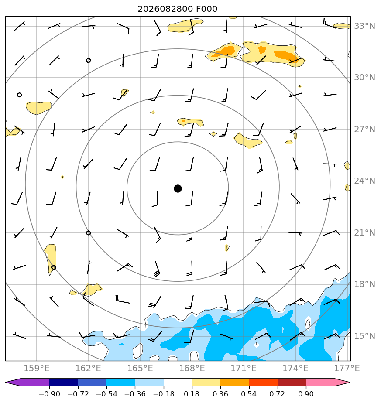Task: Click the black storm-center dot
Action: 178,189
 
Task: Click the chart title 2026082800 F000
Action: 178,9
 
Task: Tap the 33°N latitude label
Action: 364,26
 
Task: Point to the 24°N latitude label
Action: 364,181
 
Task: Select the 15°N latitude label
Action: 364,336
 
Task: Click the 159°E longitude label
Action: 37,368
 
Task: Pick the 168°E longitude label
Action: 192,368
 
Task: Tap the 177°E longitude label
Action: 347,368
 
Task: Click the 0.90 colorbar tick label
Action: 306,394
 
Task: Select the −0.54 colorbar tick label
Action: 106,394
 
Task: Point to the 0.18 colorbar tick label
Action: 192,394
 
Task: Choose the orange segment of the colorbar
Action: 235,382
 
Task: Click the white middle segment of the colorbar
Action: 178,382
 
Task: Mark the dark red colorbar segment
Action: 292,382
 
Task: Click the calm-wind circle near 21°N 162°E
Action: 88,233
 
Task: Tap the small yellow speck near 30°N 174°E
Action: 300,86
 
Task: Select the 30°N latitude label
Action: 364,78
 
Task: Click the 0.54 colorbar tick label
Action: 249,394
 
